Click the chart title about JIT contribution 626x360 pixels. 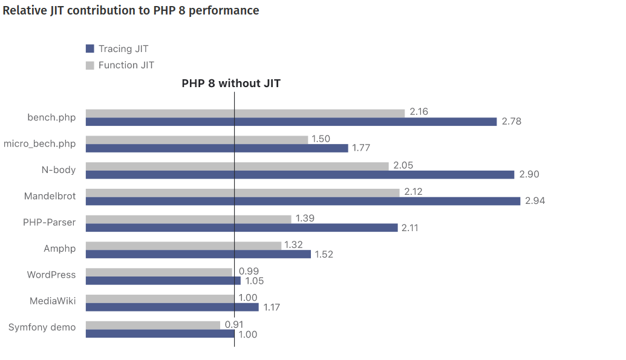pos(131,11)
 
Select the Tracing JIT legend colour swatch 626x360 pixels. pos(90,48)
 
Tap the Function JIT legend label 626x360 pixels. pos(126,65)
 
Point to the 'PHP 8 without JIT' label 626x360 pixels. pos(231,83)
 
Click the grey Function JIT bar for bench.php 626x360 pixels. pos(245,113)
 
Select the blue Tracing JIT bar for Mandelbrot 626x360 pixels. pos(302,201)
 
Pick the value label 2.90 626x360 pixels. pos(529,174)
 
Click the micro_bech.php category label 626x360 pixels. pos(40,143)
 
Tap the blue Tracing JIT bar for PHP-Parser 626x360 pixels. pos(241,227)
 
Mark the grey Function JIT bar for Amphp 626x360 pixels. pos(183,245)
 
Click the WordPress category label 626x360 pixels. pos(51,275)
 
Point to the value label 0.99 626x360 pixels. pos(249,272)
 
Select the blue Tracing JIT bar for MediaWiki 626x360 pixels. pos(172,307)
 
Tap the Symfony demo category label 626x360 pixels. pos(42,327)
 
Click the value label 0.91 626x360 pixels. pos(234,324)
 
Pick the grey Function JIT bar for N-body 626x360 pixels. pos(237,166)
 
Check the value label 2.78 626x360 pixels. pos(511,122)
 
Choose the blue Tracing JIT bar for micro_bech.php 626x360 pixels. pos(217,148)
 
